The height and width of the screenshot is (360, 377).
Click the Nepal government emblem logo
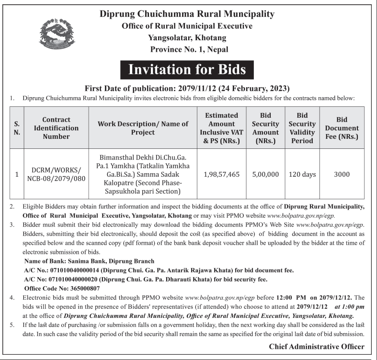pos(57,33)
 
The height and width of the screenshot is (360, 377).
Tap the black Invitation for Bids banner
pos(187,70)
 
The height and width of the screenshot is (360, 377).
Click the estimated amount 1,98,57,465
pos(221,174)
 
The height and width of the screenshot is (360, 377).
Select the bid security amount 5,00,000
pos(265,174)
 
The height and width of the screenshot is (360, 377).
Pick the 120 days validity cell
pos(302,174)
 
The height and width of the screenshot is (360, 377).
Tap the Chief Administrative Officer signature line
pos(317,347)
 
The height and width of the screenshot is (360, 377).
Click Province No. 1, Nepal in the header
pos(189,49)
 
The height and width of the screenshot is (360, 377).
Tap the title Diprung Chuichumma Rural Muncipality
pos(187,14)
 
